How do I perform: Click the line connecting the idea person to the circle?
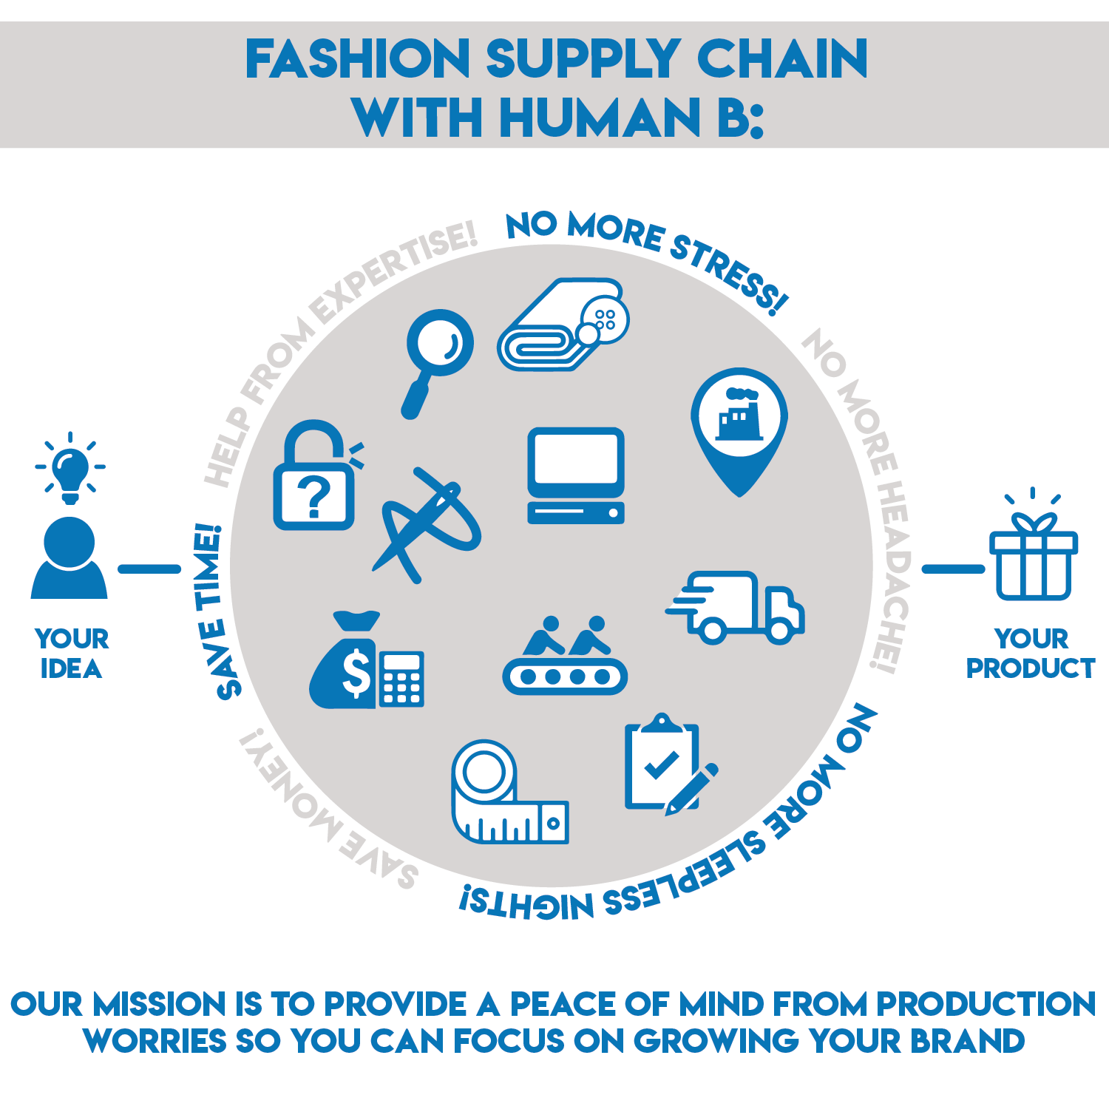[x=149, y=569]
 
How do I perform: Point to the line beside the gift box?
[x=953, y=569]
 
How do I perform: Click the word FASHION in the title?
[x=358, y=60]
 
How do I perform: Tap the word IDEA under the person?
[x=71, y=669]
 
